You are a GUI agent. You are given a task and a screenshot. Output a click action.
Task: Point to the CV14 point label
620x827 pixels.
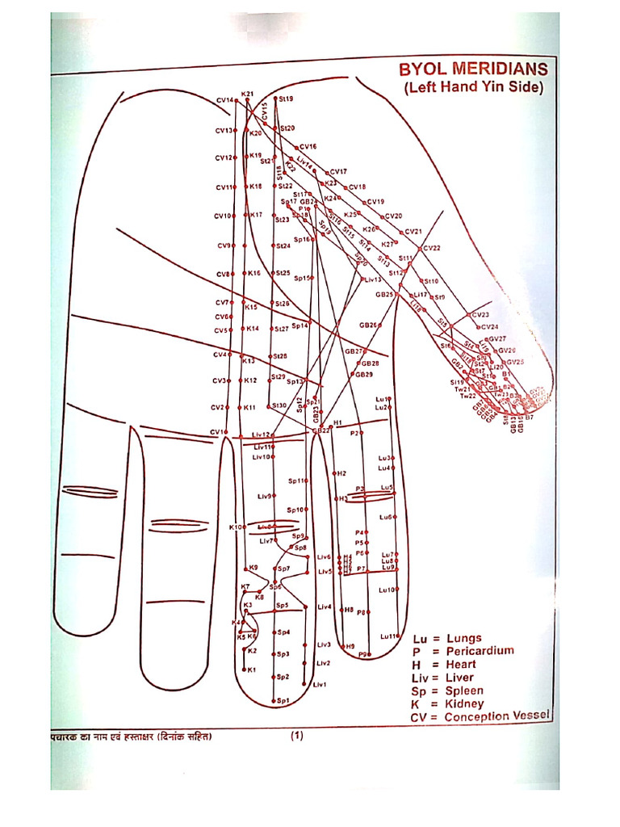pyautogui.click(x=224, y=100)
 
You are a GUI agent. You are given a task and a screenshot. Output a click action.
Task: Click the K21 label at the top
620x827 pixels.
pyautogui.click(x=247, y=94)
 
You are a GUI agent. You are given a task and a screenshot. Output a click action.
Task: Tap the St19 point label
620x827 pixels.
pyautogui.click(x=287, y=99)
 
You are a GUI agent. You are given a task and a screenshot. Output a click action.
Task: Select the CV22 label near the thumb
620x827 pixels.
pyautogui.click(x=432, y=248)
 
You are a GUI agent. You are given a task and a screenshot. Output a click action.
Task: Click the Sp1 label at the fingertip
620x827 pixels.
pyautogui.click(x=283, y=700)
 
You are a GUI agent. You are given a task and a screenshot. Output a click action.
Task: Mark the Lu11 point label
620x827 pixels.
pyautogui.click(x=388, y=636)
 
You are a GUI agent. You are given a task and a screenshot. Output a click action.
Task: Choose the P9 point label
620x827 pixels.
pyautogui.click(x=362, y=654)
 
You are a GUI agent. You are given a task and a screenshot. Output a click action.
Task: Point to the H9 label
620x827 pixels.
pyautogui.click(x=350, y=646)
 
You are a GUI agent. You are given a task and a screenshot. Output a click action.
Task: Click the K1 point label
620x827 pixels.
pyautogui.click(x=251, y=670)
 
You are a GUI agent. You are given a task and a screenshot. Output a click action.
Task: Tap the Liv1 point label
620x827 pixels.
pyautogui.click(x=319, y=685)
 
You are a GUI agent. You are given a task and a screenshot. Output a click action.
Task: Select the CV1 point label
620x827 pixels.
pyautogui.click(x=217, y=432)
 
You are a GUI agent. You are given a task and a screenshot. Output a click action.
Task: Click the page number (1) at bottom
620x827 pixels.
pyautogui.click(x=296, y=735)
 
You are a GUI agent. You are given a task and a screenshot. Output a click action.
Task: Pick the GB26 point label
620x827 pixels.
pyautogui.click(x=368, y=325)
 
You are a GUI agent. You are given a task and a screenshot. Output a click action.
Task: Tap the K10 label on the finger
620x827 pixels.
pyautogui.click(x=235, y=527)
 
